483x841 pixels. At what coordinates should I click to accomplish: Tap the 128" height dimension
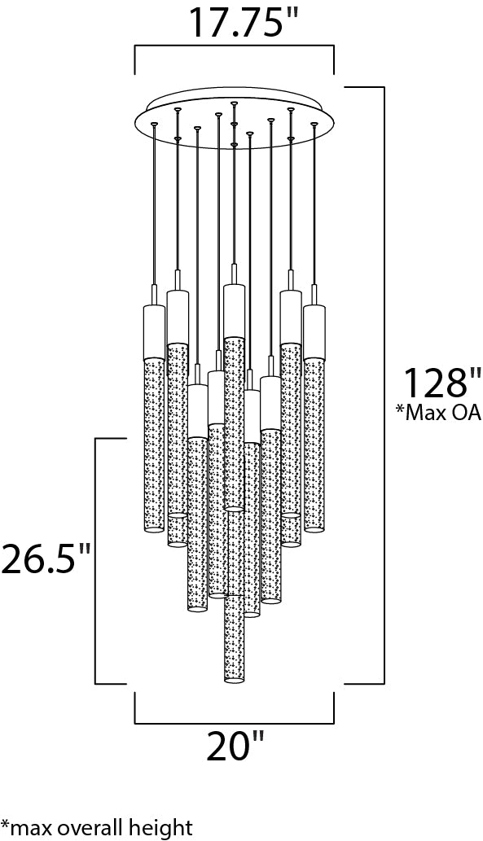[441, 383]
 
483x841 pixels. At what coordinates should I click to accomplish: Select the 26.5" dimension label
[46, 558]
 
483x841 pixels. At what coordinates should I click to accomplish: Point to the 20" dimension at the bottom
[236, 747]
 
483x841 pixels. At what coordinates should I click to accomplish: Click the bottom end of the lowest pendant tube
[234, 678]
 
